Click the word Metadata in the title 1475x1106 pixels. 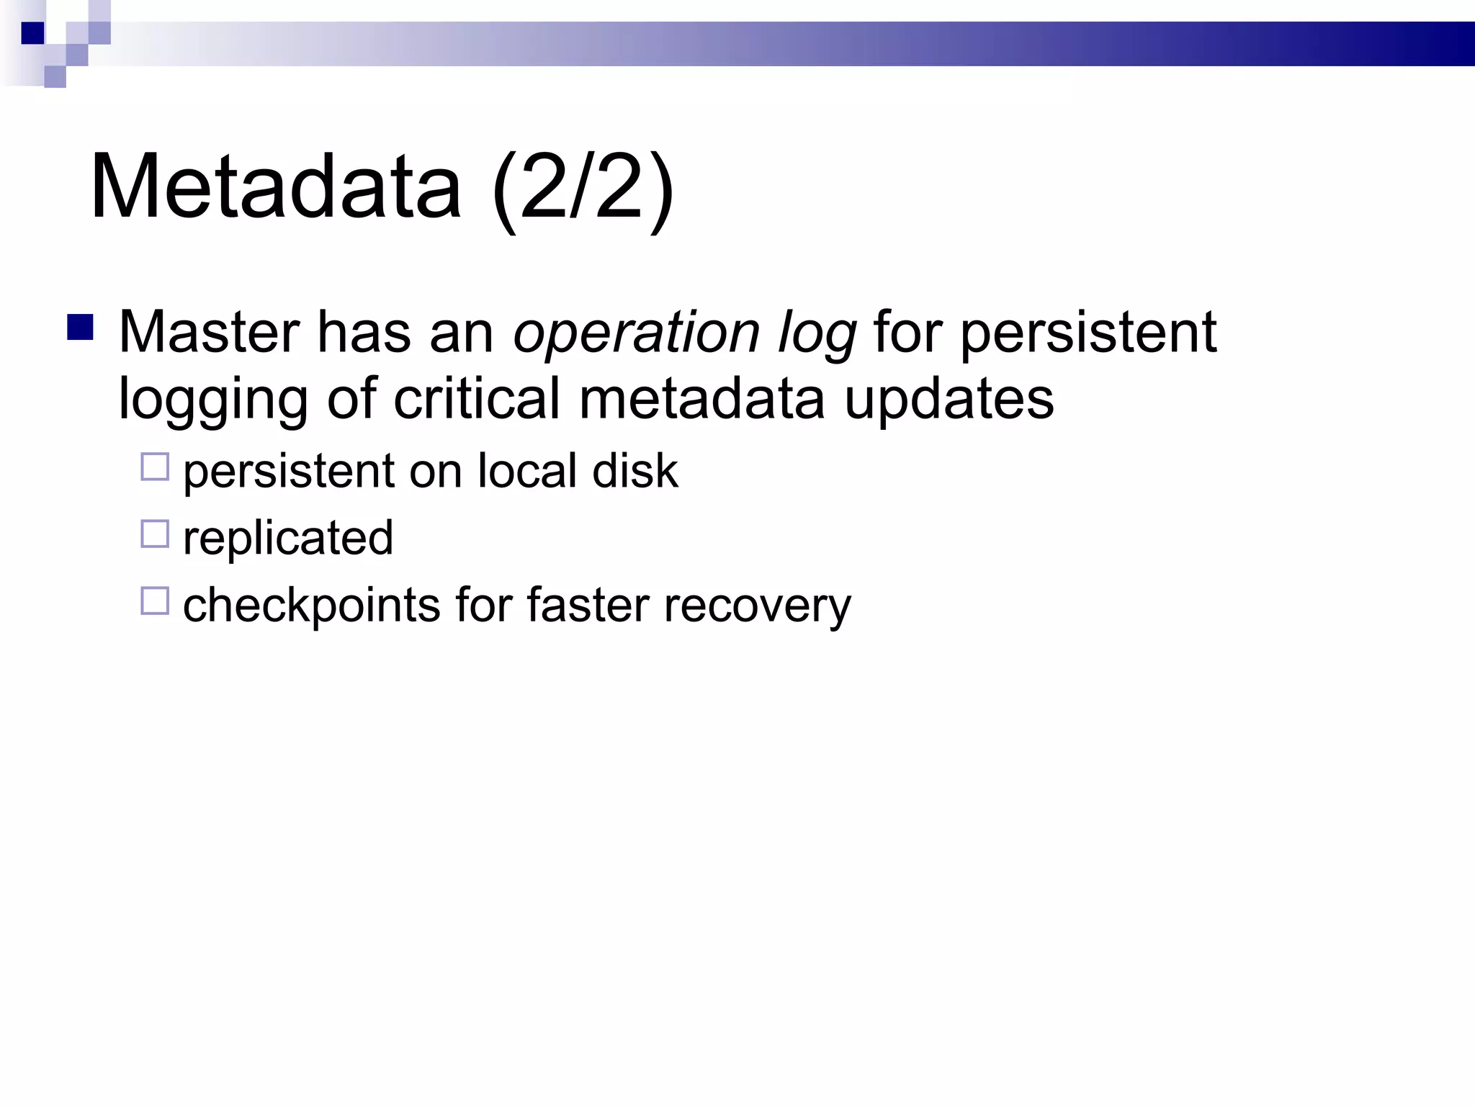point(275,187)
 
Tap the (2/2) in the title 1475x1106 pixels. point(582,189)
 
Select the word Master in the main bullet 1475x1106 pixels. point(209,333)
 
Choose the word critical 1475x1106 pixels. point(476,400)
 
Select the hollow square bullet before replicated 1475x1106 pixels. point(155,534)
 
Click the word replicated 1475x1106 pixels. point(288,538)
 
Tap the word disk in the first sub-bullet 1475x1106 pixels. point(635,471)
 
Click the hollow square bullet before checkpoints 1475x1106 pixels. point(155,601)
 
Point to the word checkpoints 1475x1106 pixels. point(311,606)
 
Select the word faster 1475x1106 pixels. point(588,605)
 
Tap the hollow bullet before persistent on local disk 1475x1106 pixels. point(155,467)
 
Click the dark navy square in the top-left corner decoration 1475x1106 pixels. point(33,33)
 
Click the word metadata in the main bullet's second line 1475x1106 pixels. point(701,400)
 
